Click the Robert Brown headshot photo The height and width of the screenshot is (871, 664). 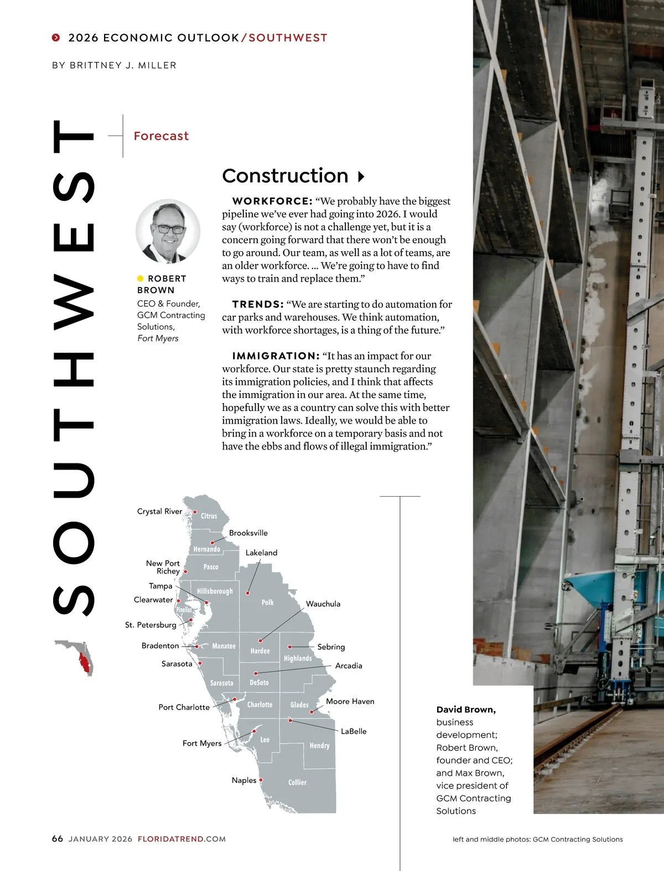(168, 231)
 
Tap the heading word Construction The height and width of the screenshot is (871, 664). (285, 176)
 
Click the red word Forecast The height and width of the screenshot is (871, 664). (161, 136)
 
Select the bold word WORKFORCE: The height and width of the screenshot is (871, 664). (272, 201)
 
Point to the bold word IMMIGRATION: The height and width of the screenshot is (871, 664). (276, 356)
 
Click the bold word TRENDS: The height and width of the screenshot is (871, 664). (258, 305)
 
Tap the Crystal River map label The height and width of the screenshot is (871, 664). (159, 512)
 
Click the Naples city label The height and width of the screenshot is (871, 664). (244, 780)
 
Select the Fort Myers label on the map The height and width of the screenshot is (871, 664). (202, 743)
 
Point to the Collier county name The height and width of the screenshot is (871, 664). (297, 783)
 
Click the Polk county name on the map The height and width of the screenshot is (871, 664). (267, 602)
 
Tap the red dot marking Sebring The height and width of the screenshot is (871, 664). (290, 646)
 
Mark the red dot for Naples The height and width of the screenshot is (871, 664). (261, 780)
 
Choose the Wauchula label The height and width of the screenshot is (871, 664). (323, 604)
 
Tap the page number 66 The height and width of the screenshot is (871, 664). (58, 839)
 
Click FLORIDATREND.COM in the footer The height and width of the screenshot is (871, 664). (181, 839)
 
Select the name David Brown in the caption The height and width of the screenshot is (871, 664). (466, 710)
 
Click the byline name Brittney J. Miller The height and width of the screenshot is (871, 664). (123, 65)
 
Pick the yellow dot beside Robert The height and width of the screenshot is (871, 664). (141, 279)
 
